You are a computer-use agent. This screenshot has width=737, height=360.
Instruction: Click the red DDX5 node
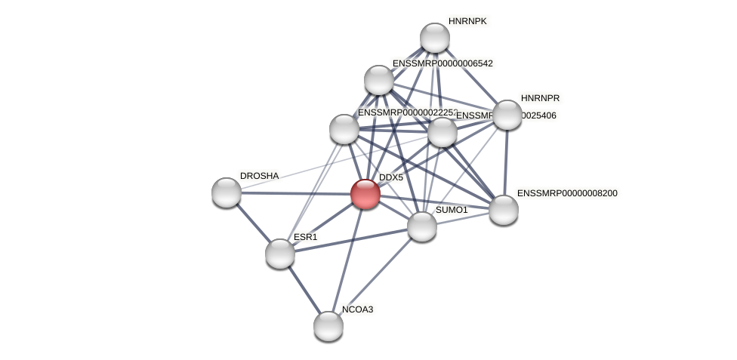pyautogui.click(x=365, y=194)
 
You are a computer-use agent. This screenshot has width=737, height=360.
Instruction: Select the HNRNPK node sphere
pyautogui.click(x=435, y=38)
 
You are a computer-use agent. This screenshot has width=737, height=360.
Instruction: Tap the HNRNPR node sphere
pyautogui.click(x=507, y=115)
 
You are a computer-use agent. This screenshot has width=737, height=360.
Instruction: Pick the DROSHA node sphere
pyautogui.click(x=227, y=192)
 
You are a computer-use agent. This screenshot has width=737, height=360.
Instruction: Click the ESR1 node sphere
pyautogui.click(x=280, y=254)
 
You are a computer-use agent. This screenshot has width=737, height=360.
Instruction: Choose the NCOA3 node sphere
pyautogui.click(x=328, y=326)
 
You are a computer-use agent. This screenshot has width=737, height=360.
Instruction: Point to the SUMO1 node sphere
pyautogui.click(x=422, y=226)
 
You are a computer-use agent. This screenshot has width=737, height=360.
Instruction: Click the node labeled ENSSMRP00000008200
pyautogui.click(x=504, y=210)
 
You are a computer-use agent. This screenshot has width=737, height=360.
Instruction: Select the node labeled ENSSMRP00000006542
pyautogui.click(x=379, y=80)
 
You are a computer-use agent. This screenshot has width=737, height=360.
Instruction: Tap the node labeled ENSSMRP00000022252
pyautogui.click(x=344, y=129)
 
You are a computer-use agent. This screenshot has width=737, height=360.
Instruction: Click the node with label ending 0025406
pyautogui.click(x=443, y=132)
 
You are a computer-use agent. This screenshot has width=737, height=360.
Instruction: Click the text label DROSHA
pyautogui.click(x=259, y=176)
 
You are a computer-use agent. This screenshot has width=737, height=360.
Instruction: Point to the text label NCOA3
pyautogui.click(x=357, y=309)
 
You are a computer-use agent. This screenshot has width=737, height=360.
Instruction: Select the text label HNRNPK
pyautogui.click(x=467, y=21)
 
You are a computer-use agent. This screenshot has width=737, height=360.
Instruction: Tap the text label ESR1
pyautogui.click(x=306, y=237)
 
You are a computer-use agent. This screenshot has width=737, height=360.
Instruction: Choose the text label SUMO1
pyautogui.click(x=452, y=210)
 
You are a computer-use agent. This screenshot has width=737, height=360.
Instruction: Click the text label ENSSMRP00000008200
pyautogui.click(x=567, y=193)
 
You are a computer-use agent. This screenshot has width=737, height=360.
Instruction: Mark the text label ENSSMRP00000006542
pyautogui.click(x=442, y=63)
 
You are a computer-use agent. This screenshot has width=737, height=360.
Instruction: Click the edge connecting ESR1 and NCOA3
pyautogui.click(x=304, y=290)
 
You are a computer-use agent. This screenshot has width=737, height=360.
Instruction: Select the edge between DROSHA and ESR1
pyautogui.click(x=254, y=223)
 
